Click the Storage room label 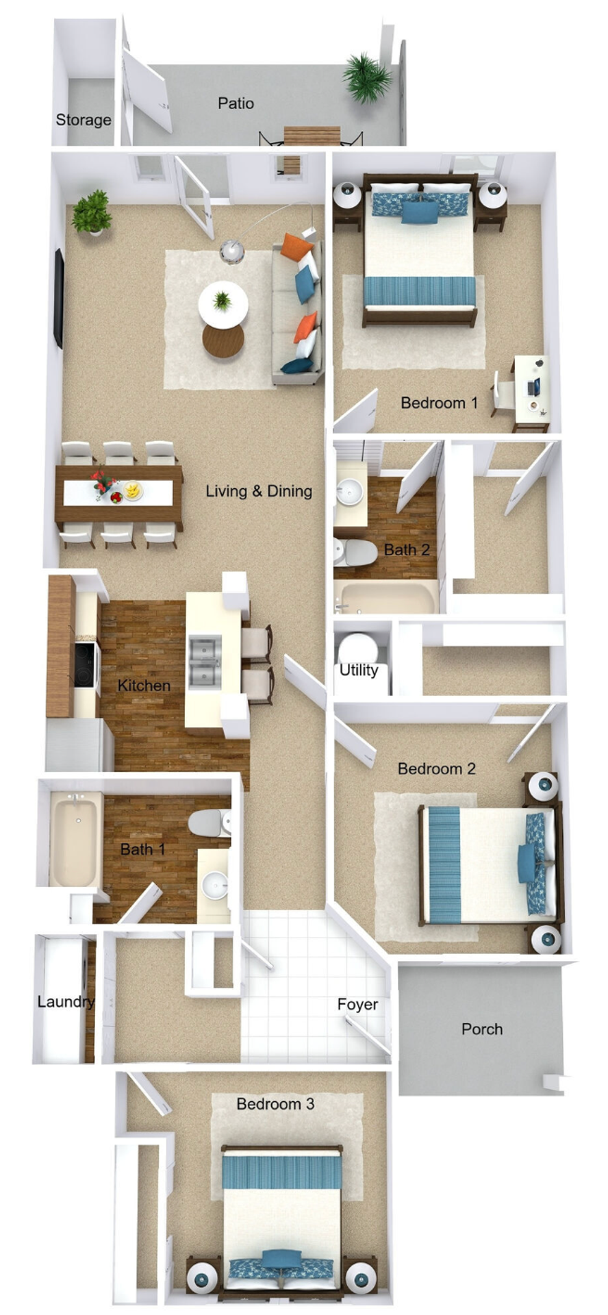pyautogui.click(x=84, y=120)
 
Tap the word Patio pyautogui.click(x=236, y=103)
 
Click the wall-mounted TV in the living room pyautogui.click(x=59, y=298)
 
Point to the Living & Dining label pyautogui.click(x=259, y=491)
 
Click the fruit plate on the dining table pyautogui.click(x=132, y=490)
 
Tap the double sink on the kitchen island pyautogui.click(x=205, y=660)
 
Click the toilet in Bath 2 pyautogui.click(x=355, y=552)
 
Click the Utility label pyautogui.click(x=359, y=670)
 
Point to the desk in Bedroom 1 pyautogui.click(x=531, y=390)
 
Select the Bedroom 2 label pyautogui.click(x=437, y=768)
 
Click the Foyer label pyautogui.click(x=357, y=1005)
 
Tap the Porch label pyautogui.click(x=482, y=1029)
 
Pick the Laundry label pyautogui.click(x=66, y=1002)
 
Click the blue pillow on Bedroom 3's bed pyautogui.click(x=281, y=1259)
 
